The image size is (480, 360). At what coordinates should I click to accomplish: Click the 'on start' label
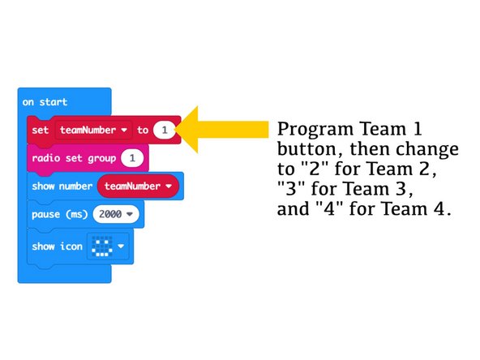45,102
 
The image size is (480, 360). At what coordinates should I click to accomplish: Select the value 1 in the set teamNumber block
165,130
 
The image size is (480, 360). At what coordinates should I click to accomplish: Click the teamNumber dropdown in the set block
94,130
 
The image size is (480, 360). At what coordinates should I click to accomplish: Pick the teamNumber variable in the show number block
138,186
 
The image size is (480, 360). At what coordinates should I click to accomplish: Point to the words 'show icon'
57,246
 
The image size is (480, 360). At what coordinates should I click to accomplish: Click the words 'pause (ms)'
60,215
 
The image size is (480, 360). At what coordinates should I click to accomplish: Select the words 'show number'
62,186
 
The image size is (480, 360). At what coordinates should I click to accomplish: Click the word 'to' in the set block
143,130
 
